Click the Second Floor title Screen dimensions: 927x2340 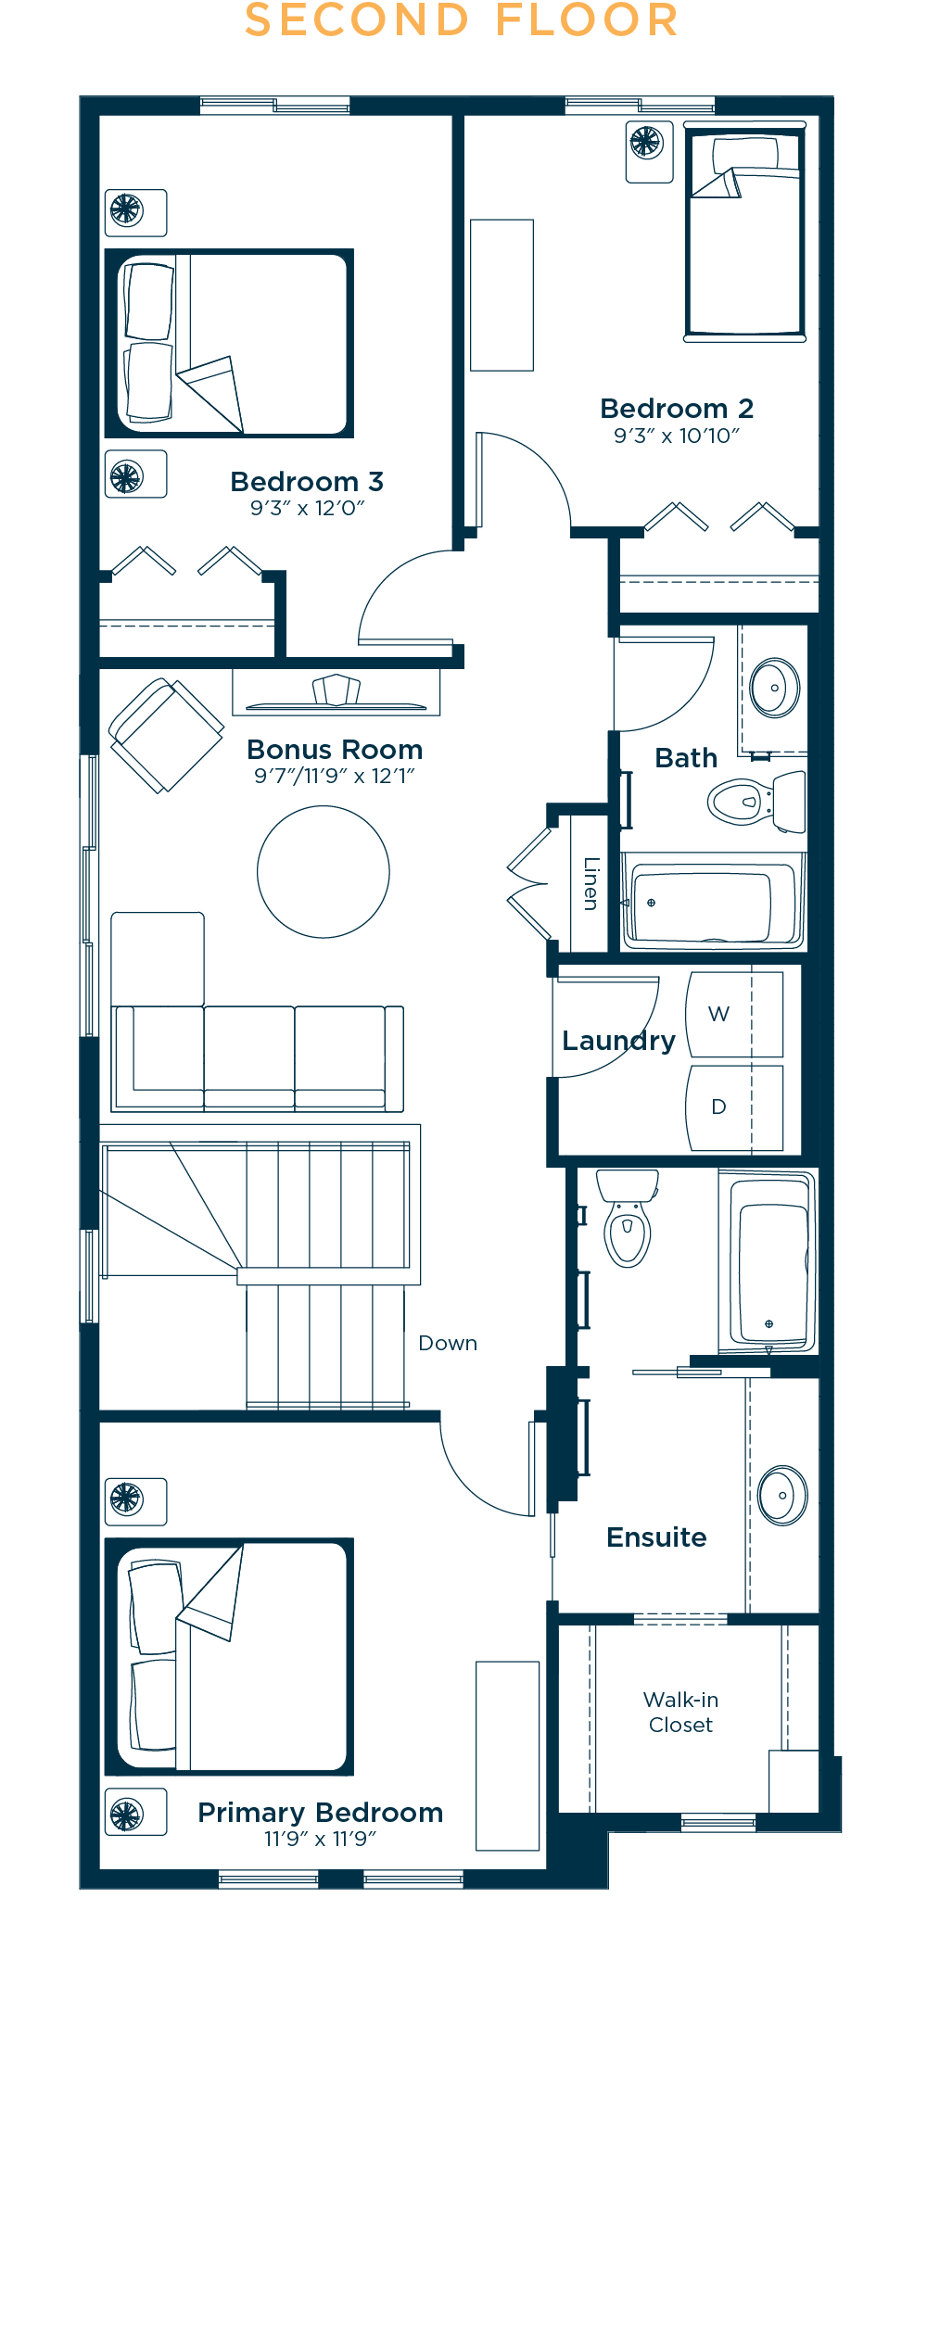[462, 20]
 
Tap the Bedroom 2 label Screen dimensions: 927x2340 [677, 409]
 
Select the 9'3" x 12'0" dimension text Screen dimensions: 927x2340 [307, 508]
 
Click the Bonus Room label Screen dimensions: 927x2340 [335, 749]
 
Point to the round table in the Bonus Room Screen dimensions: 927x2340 [324, 872]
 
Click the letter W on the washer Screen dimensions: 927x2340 [718, 1014]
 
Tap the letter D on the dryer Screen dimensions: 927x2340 [718, 1107]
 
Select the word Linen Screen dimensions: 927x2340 [590, 883]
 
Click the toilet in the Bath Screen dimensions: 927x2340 [756, 801]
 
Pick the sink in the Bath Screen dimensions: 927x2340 [775, 689]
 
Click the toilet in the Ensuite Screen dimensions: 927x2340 [628, 1218]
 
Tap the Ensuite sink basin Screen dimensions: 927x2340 [782, 1495]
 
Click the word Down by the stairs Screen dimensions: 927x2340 [448, 1343]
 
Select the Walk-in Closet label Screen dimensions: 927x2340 [681, 1712]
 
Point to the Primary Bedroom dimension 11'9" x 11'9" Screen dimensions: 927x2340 [320, 1839]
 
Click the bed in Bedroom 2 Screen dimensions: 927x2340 [744, 232]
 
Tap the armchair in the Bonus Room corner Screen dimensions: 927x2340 [167, 736]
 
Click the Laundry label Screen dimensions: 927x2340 [618, 1041]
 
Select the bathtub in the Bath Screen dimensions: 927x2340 [710, 903]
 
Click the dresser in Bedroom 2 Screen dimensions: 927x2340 [502, 295]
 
